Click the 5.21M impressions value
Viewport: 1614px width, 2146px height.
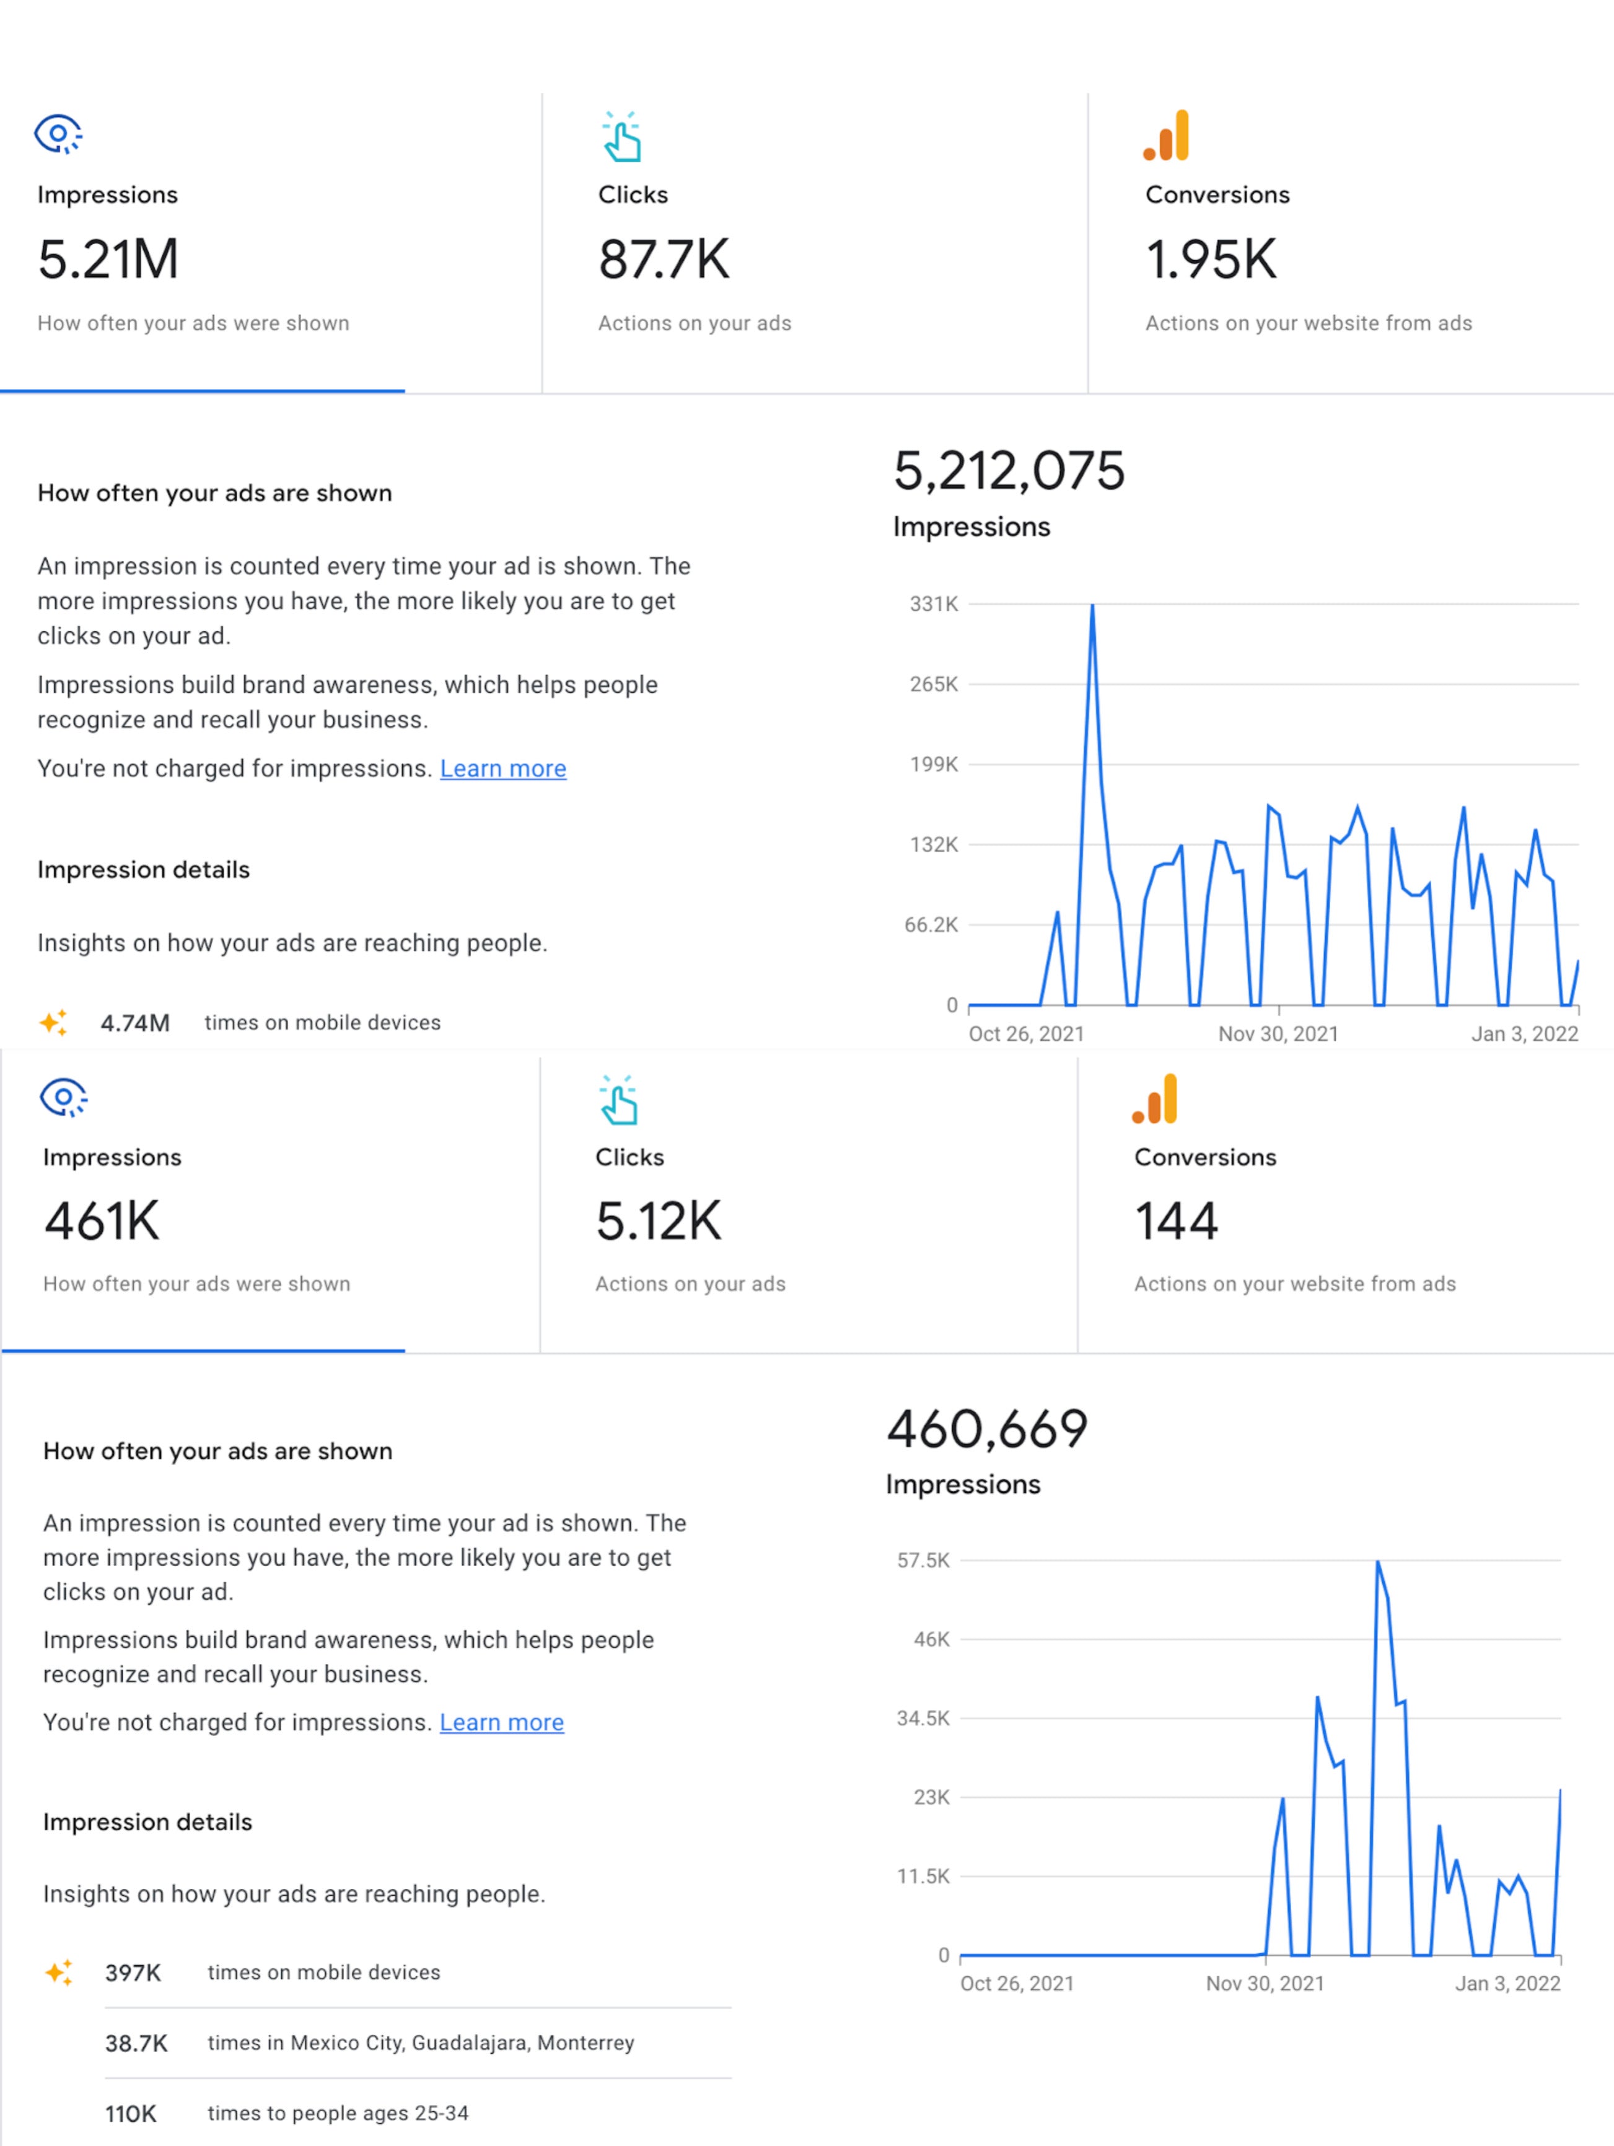click(x=108, y=260)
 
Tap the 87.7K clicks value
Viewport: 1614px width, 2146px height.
click(x=663, y=260)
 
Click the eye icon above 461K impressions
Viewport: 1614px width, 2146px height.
click(x=63, y=1097)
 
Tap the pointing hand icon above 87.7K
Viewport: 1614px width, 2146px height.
click(x=621, y=137)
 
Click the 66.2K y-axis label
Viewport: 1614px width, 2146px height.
click(x=930, y=924)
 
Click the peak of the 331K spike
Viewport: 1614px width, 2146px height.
click(x=1092, y=607)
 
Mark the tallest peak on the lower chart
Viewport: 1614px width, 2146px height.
click(x=1377, y=1562)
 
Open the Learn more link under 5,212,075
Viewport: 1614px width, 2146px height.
click(x=502, y=768)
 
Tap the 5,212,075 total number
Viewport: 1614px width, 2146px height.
click(x=1009, y=471)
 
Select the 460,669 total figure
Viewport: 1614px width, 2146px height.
click(x=987, y=1429)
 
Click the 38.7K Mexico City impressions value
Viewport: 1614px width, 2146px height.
click(x=136, y=2043)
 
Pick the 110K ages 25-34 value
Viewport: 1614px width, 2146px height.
click(x=130, y=2114)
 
